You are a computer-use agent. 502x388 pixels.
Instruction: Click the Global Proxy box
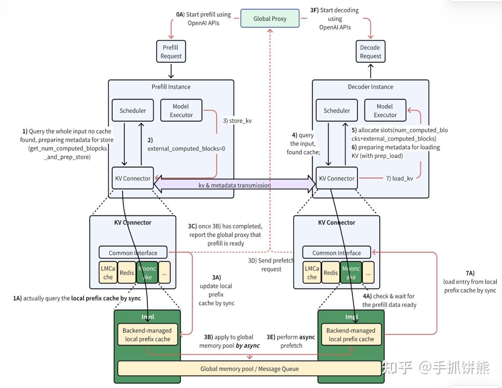270,18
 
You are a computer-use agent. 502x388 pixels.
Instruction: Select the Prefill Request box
171,52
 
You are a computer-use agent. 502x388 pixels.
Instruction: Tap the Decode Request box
370,52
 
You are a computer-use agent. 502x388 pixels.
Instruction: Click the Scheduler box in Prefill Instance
133,111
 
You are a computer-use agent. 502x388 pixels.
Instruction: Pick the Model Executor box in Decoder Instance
385,111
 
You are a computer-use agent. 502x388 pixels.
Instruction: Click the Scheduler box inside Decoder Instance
337,111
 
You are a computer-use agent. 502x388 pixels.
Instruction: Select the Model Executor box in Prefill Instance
181,111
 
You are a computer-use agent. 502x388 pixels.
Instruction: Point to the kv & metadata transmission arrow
235,185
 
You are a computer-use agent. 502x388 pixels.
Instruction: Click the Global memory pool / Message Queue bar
249,369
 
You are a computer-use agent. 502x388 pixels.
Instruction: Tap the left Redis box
127,273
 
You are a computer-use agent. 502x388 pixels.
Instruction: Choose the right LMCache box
312,273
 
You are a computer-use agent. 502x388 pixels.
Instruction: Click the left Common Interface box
133,253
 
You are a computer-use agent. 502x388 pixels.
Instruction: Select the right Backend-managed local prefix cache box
351,335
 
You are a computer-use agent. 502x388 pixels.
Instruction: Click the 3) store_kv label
237,121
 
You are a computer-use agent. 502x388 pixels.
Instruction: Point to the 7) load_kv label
399,178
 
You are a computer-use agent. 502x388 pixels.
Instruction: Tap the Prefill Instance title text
171,87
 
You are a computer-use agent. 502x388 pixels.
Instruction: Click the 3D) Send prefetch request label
271,265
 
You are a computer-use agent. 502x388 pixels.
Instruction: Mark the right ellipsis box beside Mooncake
368,273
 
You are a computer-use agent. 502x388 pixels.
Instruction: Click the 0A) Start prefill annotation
203,19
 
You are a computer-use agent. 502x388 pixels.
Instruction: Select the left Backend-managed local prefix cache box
147,335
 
